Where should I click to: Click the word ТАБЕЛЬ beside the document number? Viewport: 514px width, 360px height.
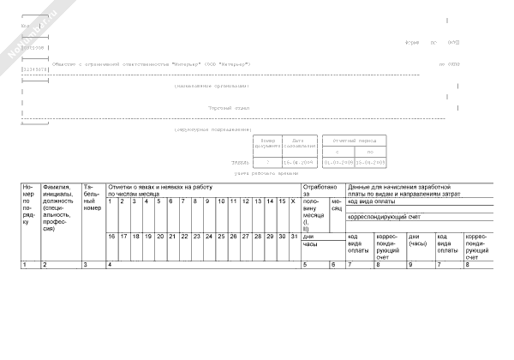coord(241,161)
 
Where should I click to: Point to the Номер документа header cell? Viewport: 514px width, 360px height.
coord(267,143)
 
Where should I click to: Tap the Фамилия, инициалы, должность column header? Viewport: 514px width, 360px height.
coord(51,208)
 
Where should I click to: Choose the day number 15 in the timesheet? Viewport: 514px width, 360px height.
coord(282,201)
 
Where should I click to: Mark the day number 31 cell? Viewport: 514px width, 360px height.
coord(295,235)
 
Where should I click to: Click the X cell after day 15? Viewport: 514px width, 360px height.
coord(294,201)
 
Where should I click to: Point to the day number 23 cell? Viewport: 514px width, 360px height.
coord(196,235)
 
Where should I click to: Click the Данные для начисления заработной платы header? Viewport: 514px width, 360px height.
coord(403,189)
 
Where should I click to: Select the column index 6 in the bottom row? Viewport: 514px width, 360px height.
coord(334,264)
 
